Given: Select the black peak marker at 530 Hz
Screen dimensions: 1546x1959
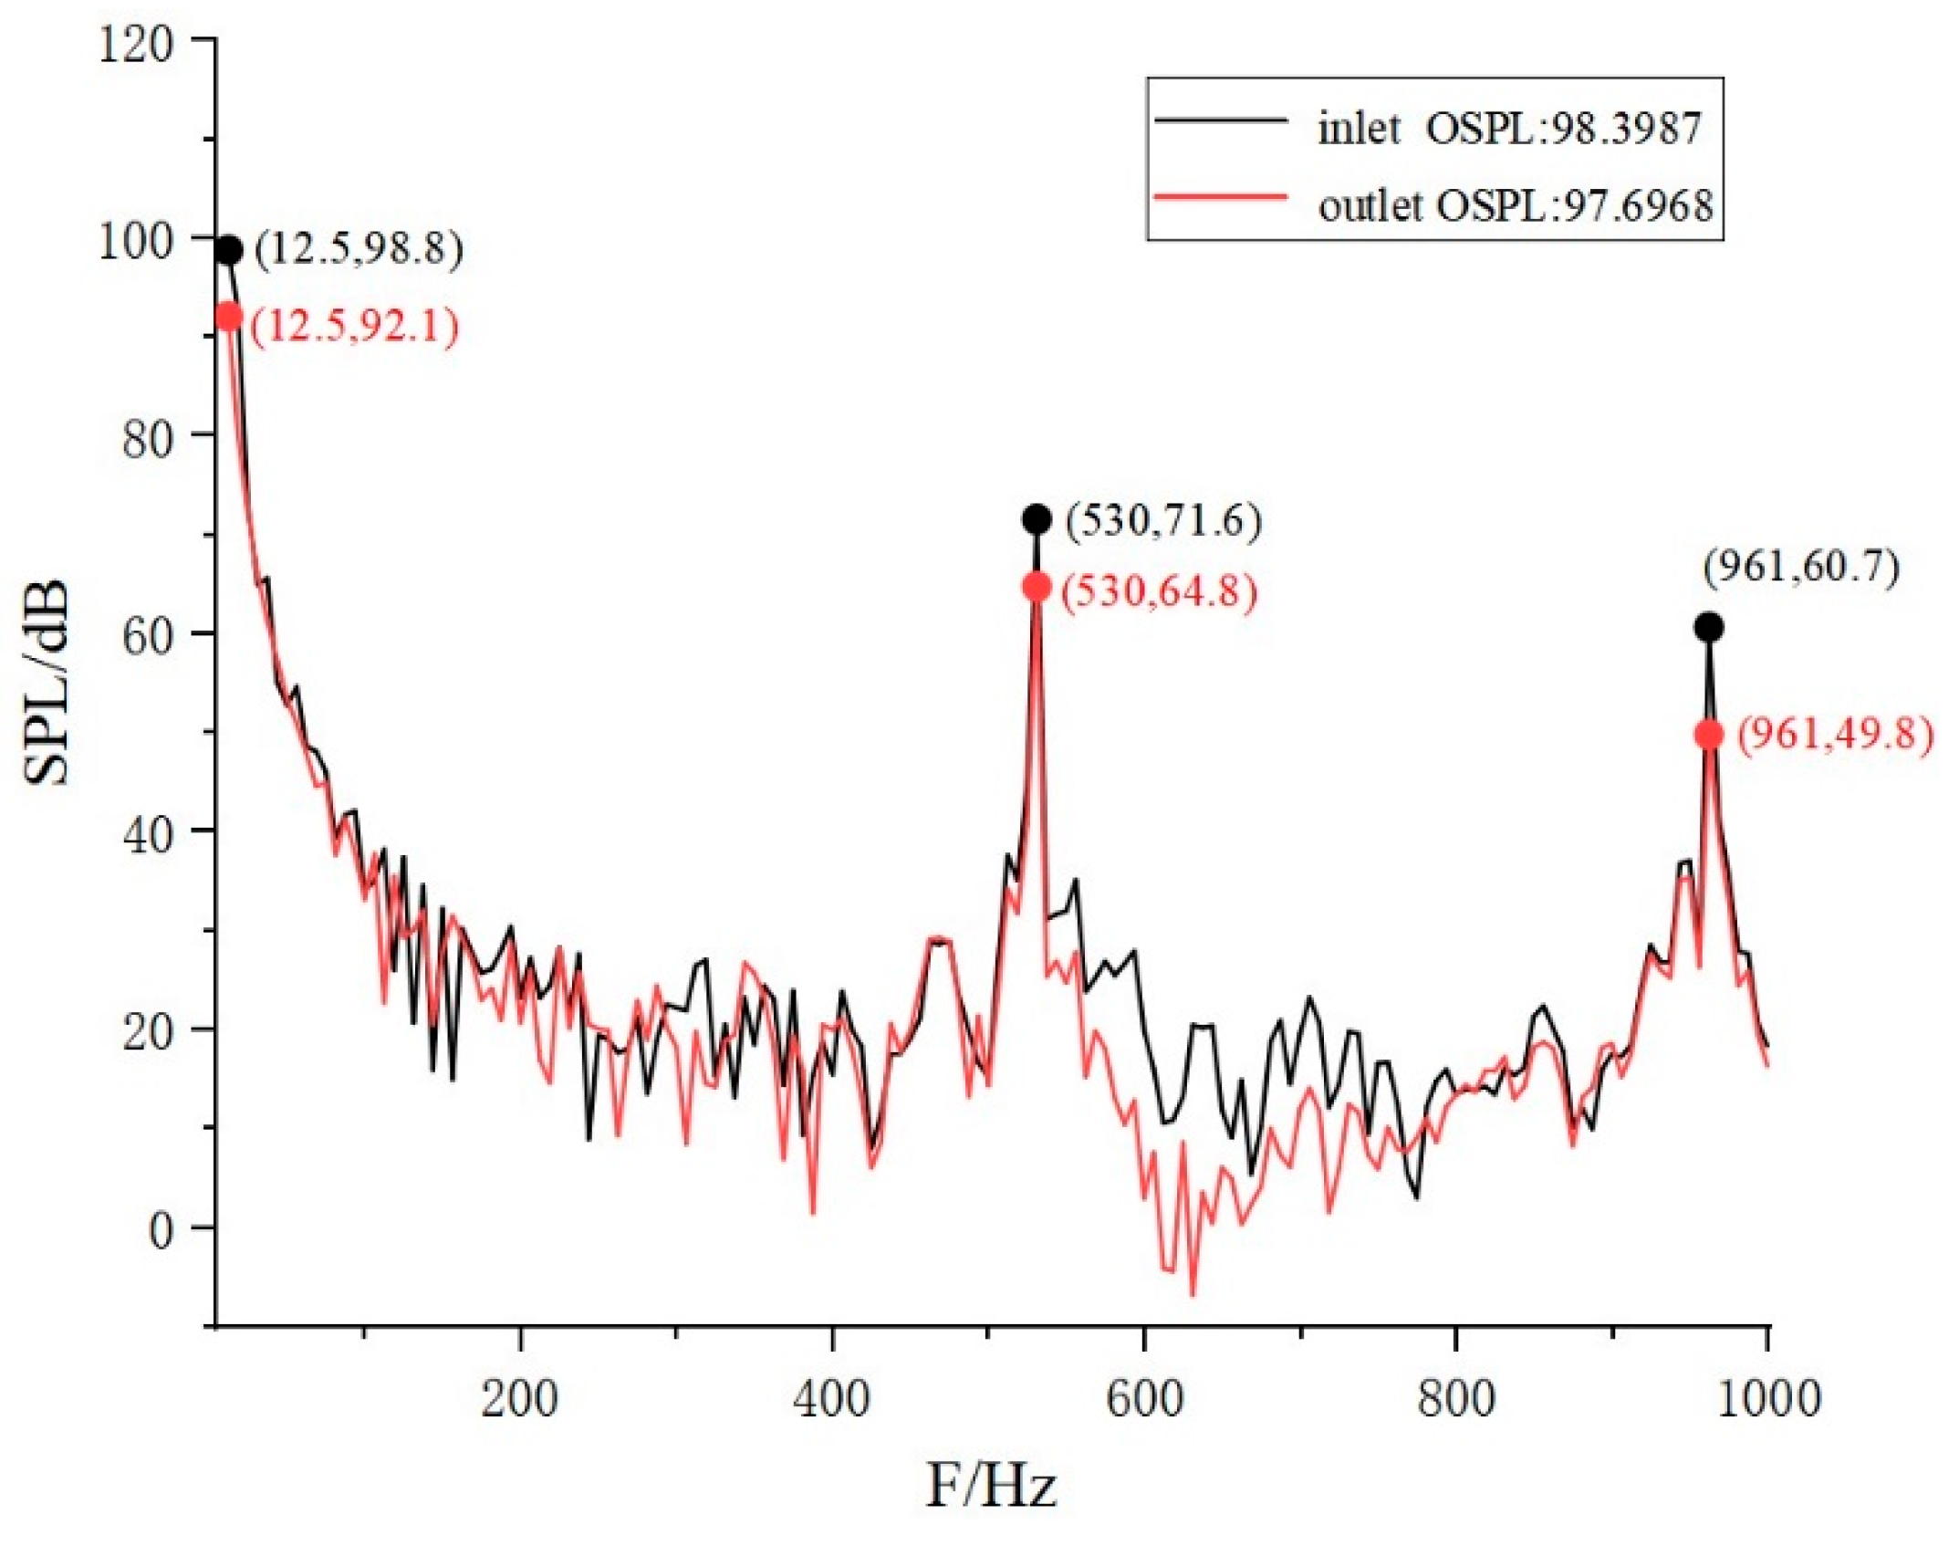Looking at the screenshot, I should (1037, 519).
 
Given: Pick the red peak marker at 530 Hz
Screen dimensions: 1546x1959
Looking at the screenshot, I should (1037, 587).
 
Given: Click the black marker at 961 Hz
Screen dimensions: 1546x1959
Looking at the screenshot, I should (1709, 627).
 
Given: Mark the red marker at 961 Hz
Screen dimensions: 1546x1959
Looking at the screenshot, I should (1709, 735).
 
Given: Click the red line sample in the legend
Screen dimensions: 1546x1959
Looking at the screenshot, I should (1221, 196).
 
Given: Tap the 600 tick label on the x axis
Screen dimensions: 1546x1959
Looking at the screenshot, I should (1144, 1398).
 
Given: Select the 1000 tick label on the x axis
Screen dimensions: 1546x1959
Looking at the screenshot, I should (1767, 1398).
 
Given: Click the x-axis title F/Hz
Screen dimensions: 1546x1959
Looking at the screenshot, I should (991, 1485).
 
